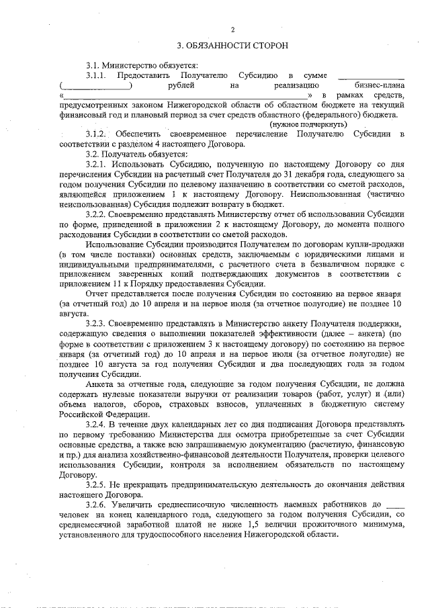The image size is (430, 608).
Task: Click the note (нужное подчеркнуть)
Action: [x=308, y=125]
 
